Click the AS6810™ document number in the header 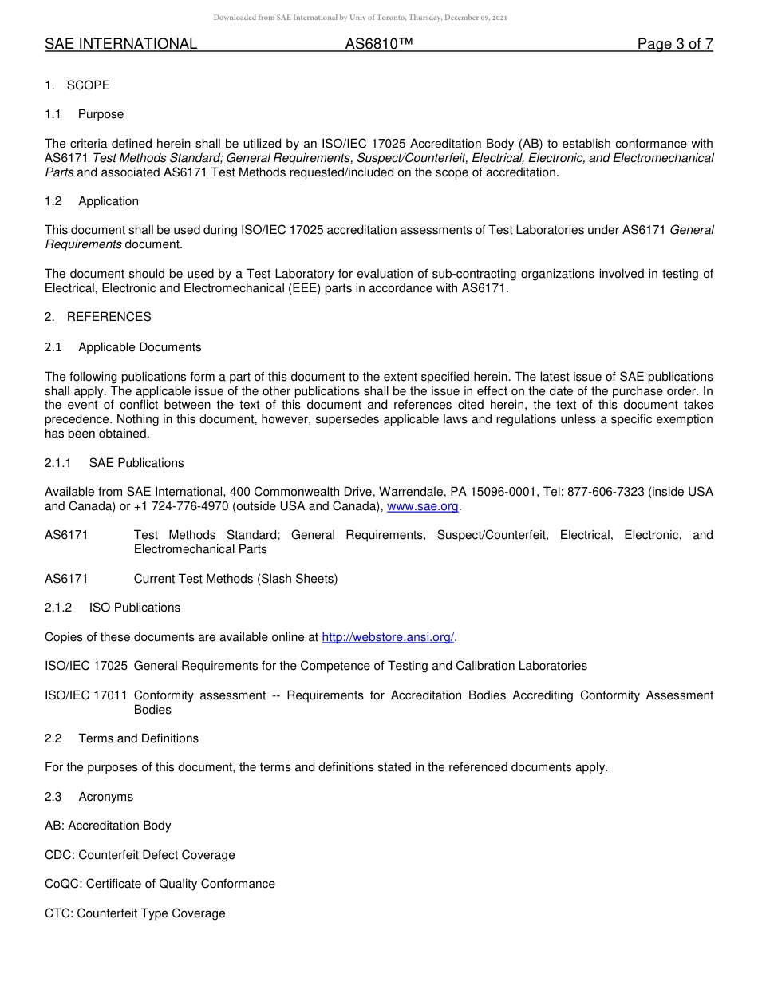(x=378, y=44)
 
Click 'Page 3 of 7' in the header (x=674, y=44)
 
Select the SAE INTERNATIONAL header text (x=120, y=44)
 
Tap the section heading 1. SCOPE (x=77, y=85)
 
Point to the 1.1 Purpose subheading (x=85, y=114)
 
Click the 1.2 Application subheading (x=92, y=201)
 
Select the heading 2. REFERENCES (x=98, y=317)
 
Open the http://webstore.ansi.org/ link (x=388, y=637)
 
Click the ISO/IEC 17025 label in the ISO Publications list (x=86, y=666)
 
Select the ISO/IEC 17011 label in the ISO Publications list (x=86, y=695)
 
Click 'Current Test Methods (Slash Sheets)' (x=235, y=579)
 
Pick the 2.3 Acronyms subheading (x=89, y=797)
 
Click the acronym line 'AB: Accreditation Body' (x=108, y=826)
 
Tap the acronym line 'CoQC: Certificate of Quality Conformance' (x=160, y=884)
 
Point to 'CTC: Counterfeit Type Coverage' (x=135, y=913)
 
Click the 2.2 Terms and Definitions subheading (x=122, y=738)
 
